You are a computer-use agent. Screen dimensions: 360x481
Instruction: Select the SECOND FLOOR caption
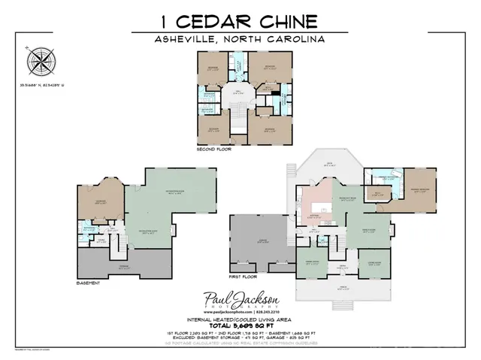point(214,150)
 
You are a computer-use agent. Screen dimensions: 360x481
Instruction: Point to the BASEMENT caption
point(89,283)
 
